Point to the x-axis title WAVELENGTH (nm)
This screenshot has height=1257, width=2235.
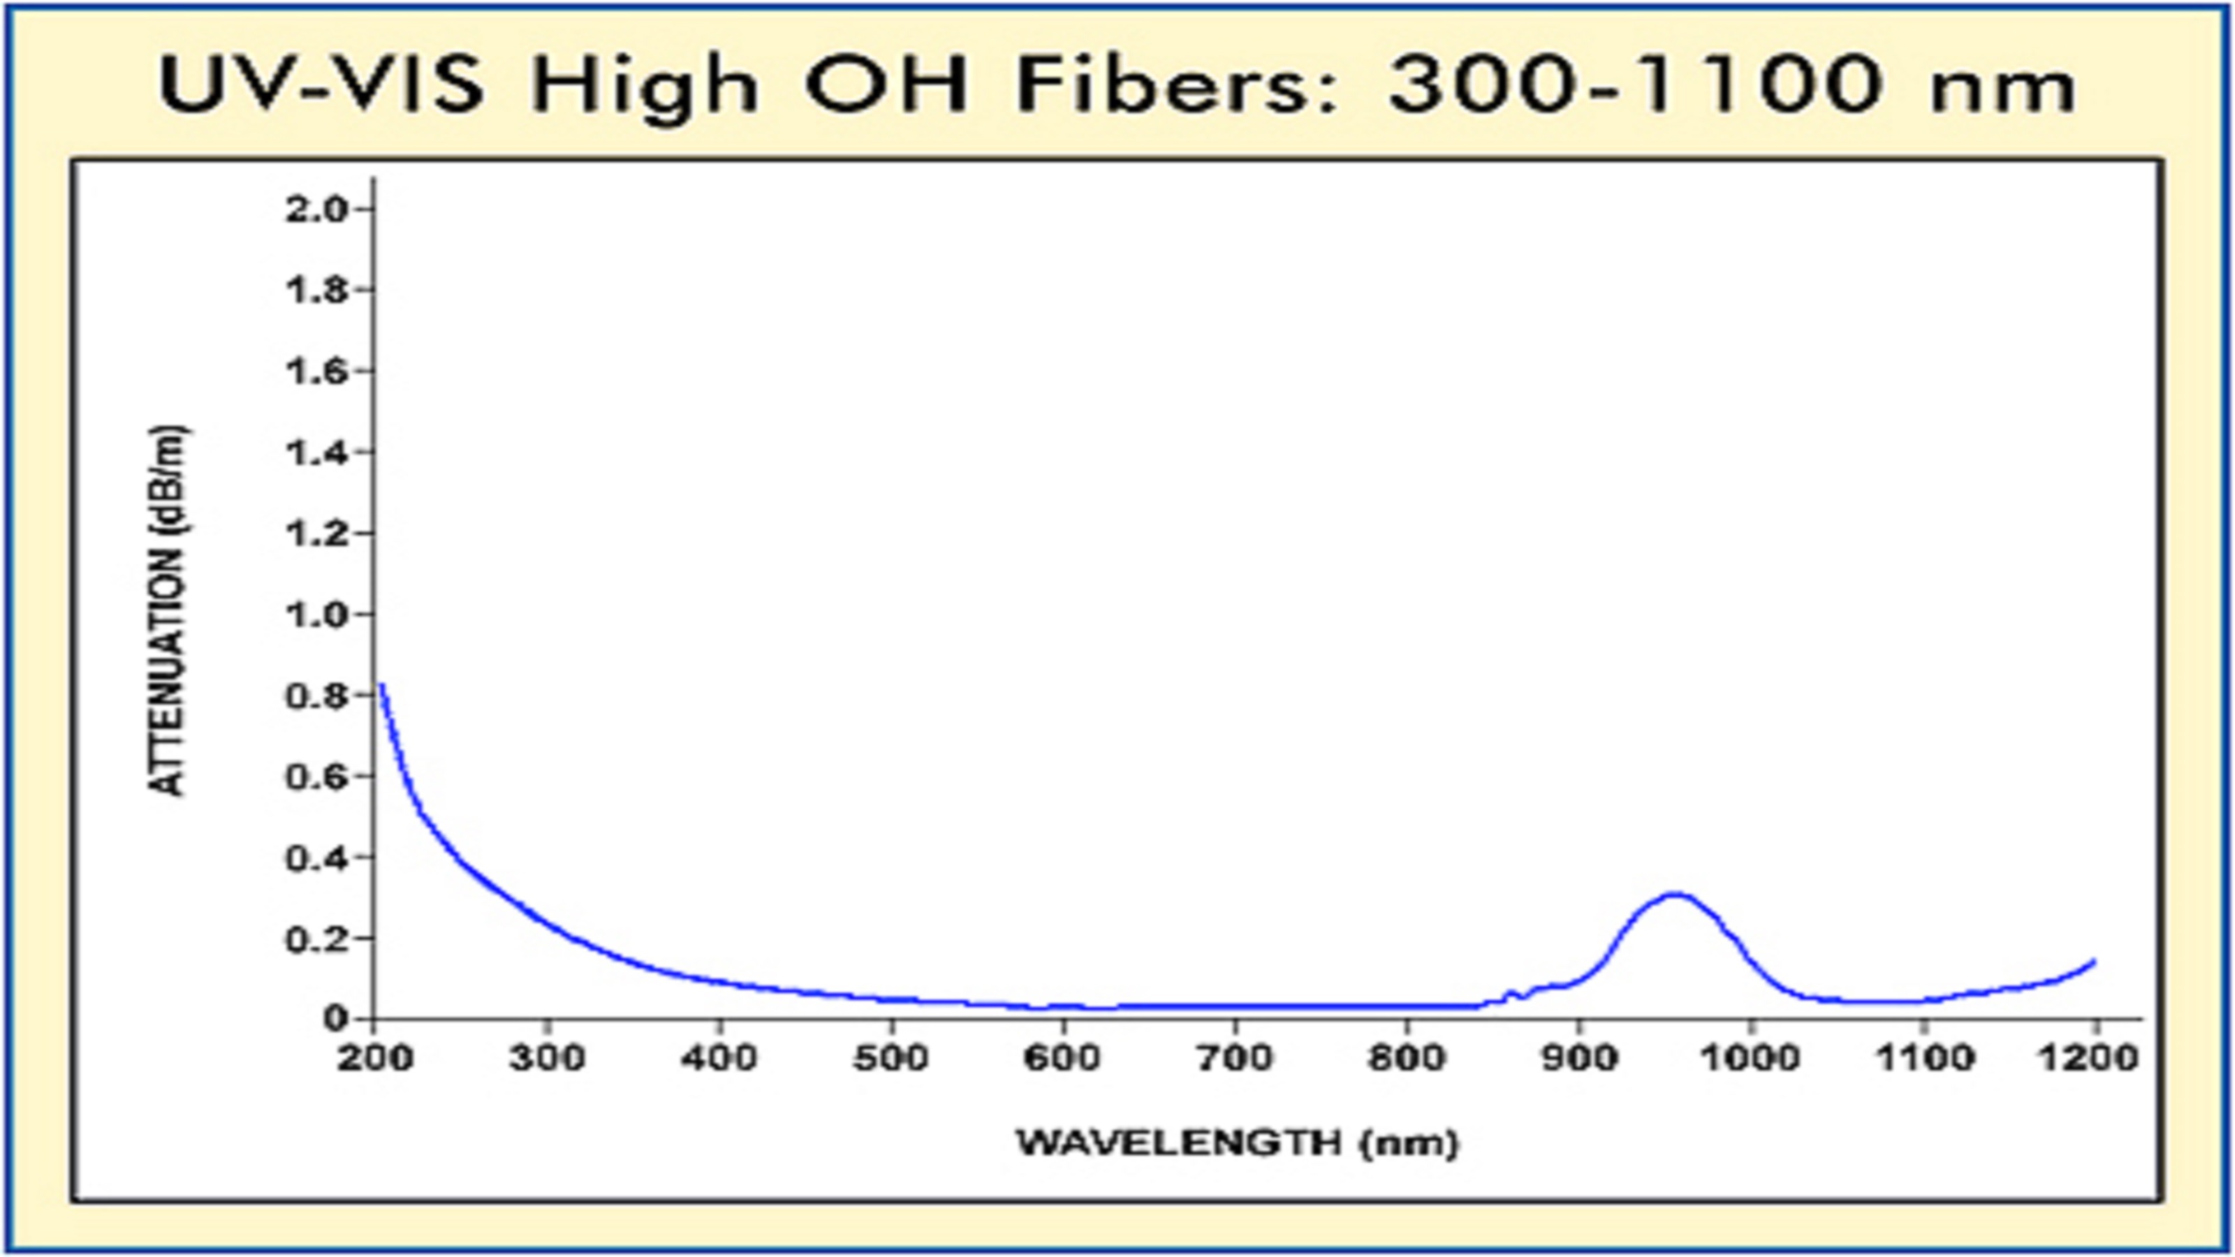1237,1142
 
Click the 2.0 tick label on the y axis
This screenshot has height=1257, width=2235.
316,210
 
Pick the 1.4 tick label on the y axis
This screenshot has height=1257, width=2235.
316,452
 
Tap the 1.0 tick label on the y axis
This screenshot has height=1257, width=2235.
316,615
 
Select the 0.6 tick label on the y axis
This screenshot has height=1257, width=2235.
316,777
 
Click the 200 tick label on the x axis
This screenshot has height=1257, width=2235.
375,1059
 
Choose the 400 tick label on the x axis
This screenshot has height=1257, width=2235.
719,1059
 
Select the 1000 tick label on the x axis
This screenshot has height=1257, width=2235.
1751,1059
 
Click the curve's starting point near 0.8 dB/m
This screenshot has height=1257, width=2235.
381,685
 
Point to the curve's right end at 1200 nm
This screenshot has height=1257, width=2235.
2095,960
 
